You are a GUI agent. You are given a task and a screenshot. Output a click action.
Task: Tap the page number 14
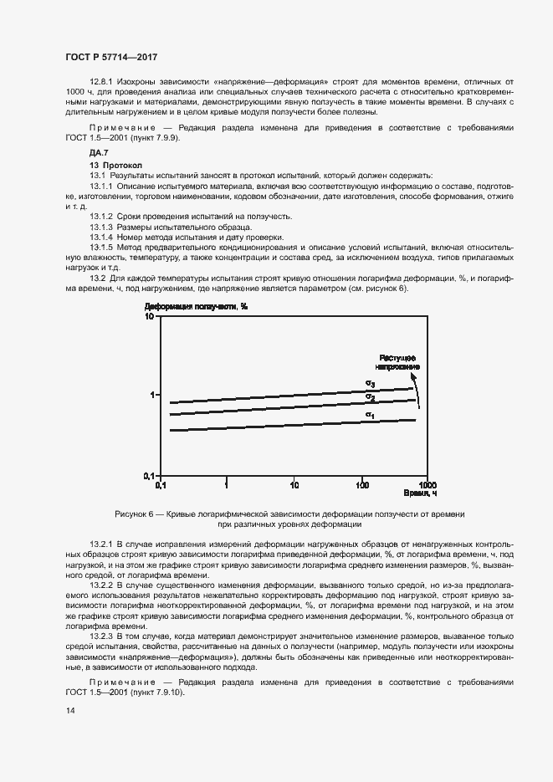pos(70,710)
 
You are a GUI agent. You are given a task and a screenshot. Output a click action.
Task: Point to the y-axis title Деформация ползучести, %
pos(197,306)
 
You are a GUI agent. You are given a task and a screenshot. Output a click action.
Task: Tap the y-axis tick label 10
pos(150,317)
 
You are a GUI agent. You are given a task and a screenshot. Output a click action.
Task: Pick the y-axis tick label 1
pos(153,395)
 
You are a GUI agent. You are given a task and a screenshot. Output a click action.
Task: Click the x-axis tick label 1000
pos(427,484)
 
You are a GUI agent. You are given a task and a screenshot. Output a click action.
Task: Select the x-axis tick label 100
pos(362,484)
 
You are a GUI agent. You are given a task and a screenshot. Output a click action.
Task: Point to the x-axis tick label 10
pos(294,484)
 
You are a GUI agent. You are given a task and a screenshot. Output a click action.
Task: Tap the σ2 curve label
pos(369,396)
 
